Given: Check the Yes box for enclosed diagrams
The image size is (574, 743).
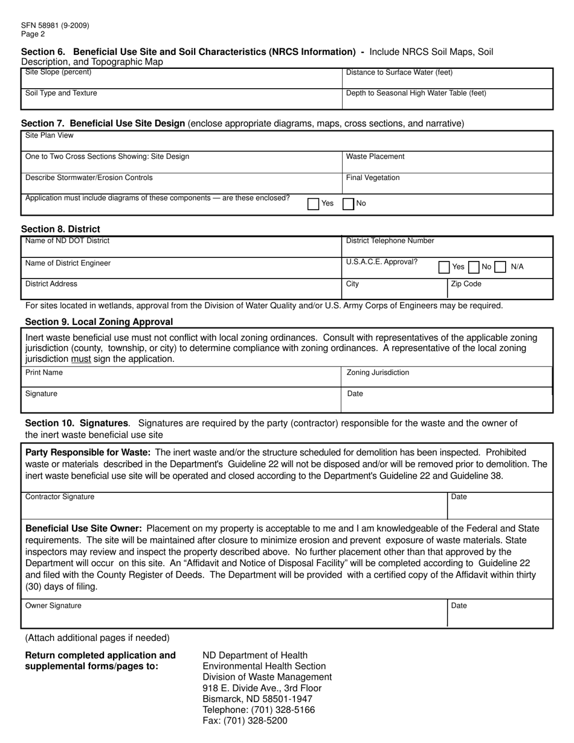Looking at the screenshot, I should click(313, 204).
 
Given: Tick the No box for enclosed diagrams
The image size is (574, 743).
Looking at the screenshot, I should click(348, 204).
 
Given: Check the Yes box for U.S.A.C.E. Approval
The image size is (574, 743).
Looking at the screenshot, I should click(444, 267).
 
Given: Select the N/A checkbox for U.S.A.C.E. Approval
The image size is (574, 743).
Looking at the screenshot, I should click(500, 267).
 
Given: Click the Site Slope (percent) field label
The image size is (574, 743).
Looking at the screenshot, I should click(58, 72).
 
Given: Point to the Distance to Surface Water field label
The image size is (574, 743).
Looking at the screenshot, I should click(399, 73).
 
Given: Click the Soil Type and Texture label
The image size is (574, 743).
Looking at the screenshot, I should click(61, 93).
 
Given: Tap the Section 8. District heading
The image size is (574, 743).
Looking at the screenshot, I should click(60, 229).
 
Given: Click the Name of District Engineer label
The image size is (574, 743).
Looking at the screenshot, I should click(68, 263).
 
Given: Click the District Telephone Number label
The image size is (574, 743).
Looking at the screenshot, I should click(390, 241).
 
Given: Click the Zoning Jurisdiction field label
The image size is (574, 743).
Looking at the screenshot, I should click(378, 373).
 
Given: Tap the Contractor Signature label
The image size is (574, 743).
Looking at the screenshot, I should click(60, 497).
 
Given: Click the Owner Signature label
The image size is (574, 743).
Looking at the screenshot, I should click(53, 605).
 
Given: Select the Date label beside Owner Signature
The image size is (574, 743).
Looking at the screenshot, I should click(459, 606).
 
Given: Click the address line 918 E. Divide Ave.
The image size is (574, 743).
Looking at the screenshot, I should click(262, 688).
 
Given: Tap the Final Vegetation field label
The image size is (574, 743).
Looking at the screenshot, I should click(373, 178).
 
